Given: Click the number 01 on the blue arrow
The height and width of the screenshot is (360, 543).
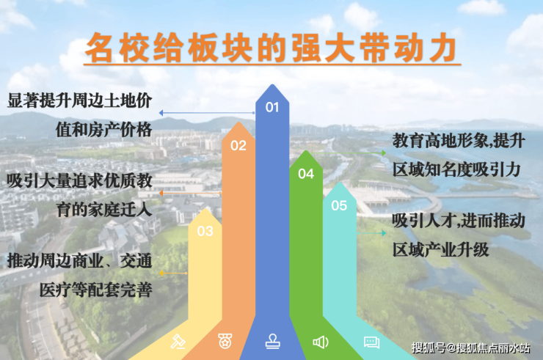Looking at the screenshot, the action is pos(272,107).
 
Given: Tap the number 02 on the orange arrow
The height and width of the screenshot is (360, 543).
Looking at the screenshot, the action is pos(238,145).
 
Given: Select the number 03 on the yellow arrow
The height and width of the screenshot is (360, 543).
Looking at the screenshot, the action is pos(205,231).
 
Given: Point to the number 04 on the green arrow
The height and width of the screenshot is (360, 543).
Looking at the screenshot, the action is pos(306,174).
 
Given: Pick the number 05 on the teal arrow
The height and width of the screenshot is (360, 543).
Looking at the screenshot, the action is pos(339,205).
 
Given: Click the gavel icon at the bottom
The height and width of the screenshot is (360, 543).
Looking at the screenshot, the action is pos(178,342).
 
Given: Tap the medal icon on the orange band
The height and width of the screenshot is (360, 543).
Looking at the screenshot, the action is pos(225,341).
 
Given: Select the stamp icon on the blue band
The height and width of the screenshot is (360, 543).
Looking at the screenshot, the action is pos(272,342).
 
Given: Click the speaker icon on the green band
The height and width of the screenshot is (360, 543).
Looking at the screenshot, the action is pos(321,342).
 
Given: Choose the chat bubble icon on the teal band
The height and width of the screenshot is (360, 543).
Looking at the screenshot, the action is pos(371,342).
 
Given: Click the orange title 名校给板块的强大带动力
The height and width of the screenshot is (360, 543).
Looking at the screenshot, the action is pos(271,48).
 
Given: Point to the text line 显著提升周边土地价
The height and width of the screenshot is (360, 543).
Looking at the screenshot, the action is pos(80,100).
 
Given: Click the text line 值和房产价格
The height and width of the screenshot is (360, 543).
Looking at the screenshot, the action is pos(104,130).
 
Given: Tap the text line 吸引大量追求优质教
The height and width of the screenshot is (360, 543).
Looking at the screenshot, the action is pos(80,180).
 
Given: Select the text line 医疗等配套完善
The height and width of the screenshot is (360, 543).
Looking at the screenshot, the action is pos(96,290).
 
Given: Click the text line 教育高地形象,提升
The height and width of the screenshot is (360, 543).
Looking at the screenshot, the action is pos(459,141).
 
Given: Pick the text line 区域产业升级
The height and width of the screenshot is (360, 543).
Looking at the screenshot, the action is pos(441,249).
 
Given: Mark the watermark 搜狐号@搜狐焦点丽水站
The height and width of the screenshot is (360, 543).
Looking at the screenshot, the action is pos(471,348).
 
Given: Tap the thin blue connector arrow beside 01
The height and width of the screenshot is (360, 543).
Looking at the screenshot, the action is pos(207,112).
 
